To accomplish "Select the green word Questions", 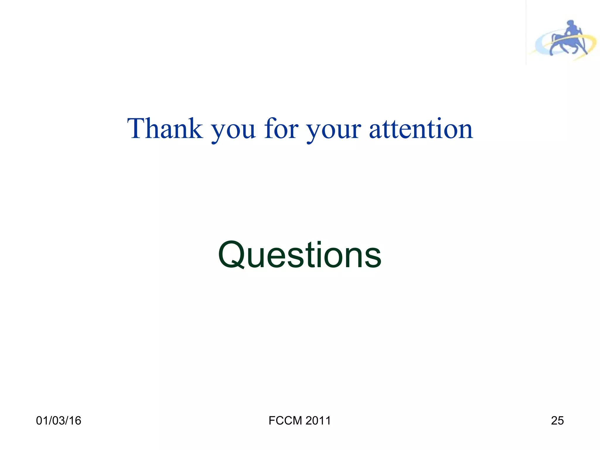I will click(299, 255).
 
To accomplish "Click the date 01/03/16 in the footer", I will click(59, 420).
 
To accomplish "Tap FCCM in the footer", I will click(285, 420).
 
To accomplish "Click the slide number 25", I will click(557, 420).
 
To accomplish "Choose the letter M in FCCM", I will click(298, 420).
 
